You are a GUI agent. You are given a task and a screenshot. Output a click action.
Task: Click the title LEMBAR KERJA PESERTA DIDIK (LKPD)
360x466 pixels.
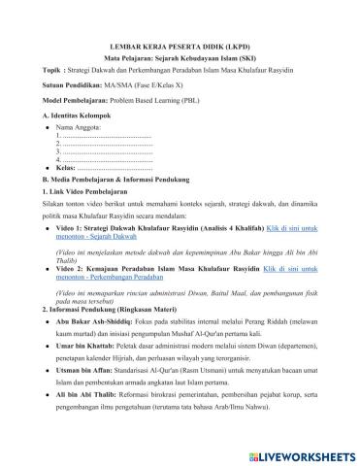coord(180,45)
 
